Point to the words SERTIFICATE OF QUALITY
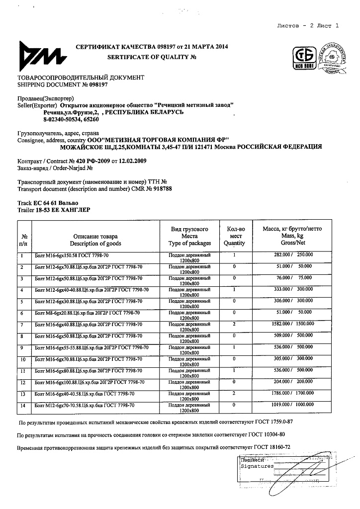149,57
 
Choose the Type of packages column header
189,244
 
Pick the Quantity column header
234,244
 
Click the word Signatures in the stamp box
257,466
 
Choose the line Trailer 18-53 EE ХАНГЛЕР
54,210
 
